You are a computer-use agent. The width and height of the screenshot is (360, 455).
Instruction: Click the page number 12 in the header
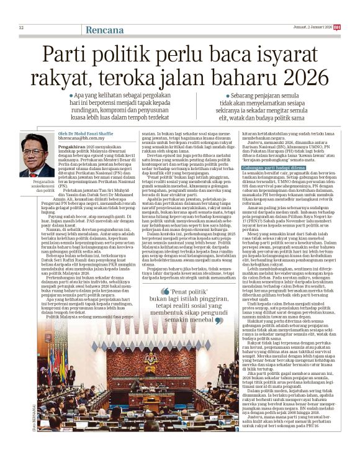point(21,28)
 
